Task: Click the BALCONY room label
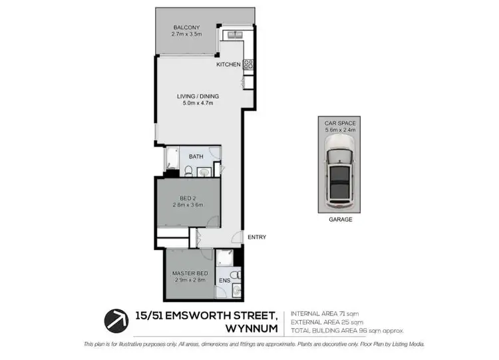(x=186, y=27)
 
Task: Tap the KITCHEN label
(x=228, y=65)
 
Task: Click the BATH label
(x=196, y=156)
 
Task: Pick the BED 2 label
(x=188, y=198)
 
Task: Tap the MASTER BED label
(x=190, y=273)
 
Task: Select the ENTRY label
(x=256, y=237)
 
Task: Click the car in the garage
(x=340, y=176)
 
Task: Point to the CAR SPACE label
(x=340, y=124)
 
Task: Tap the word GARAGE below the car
(x=340, y=219)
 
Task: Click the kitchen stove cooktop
(x=248, y=65)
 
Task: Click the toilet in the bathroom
(x=188, y=172)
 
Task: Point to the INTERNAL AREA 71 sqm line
(x=325, y=313)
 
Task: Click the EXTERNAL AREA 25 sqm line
(x=327, y=322)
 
